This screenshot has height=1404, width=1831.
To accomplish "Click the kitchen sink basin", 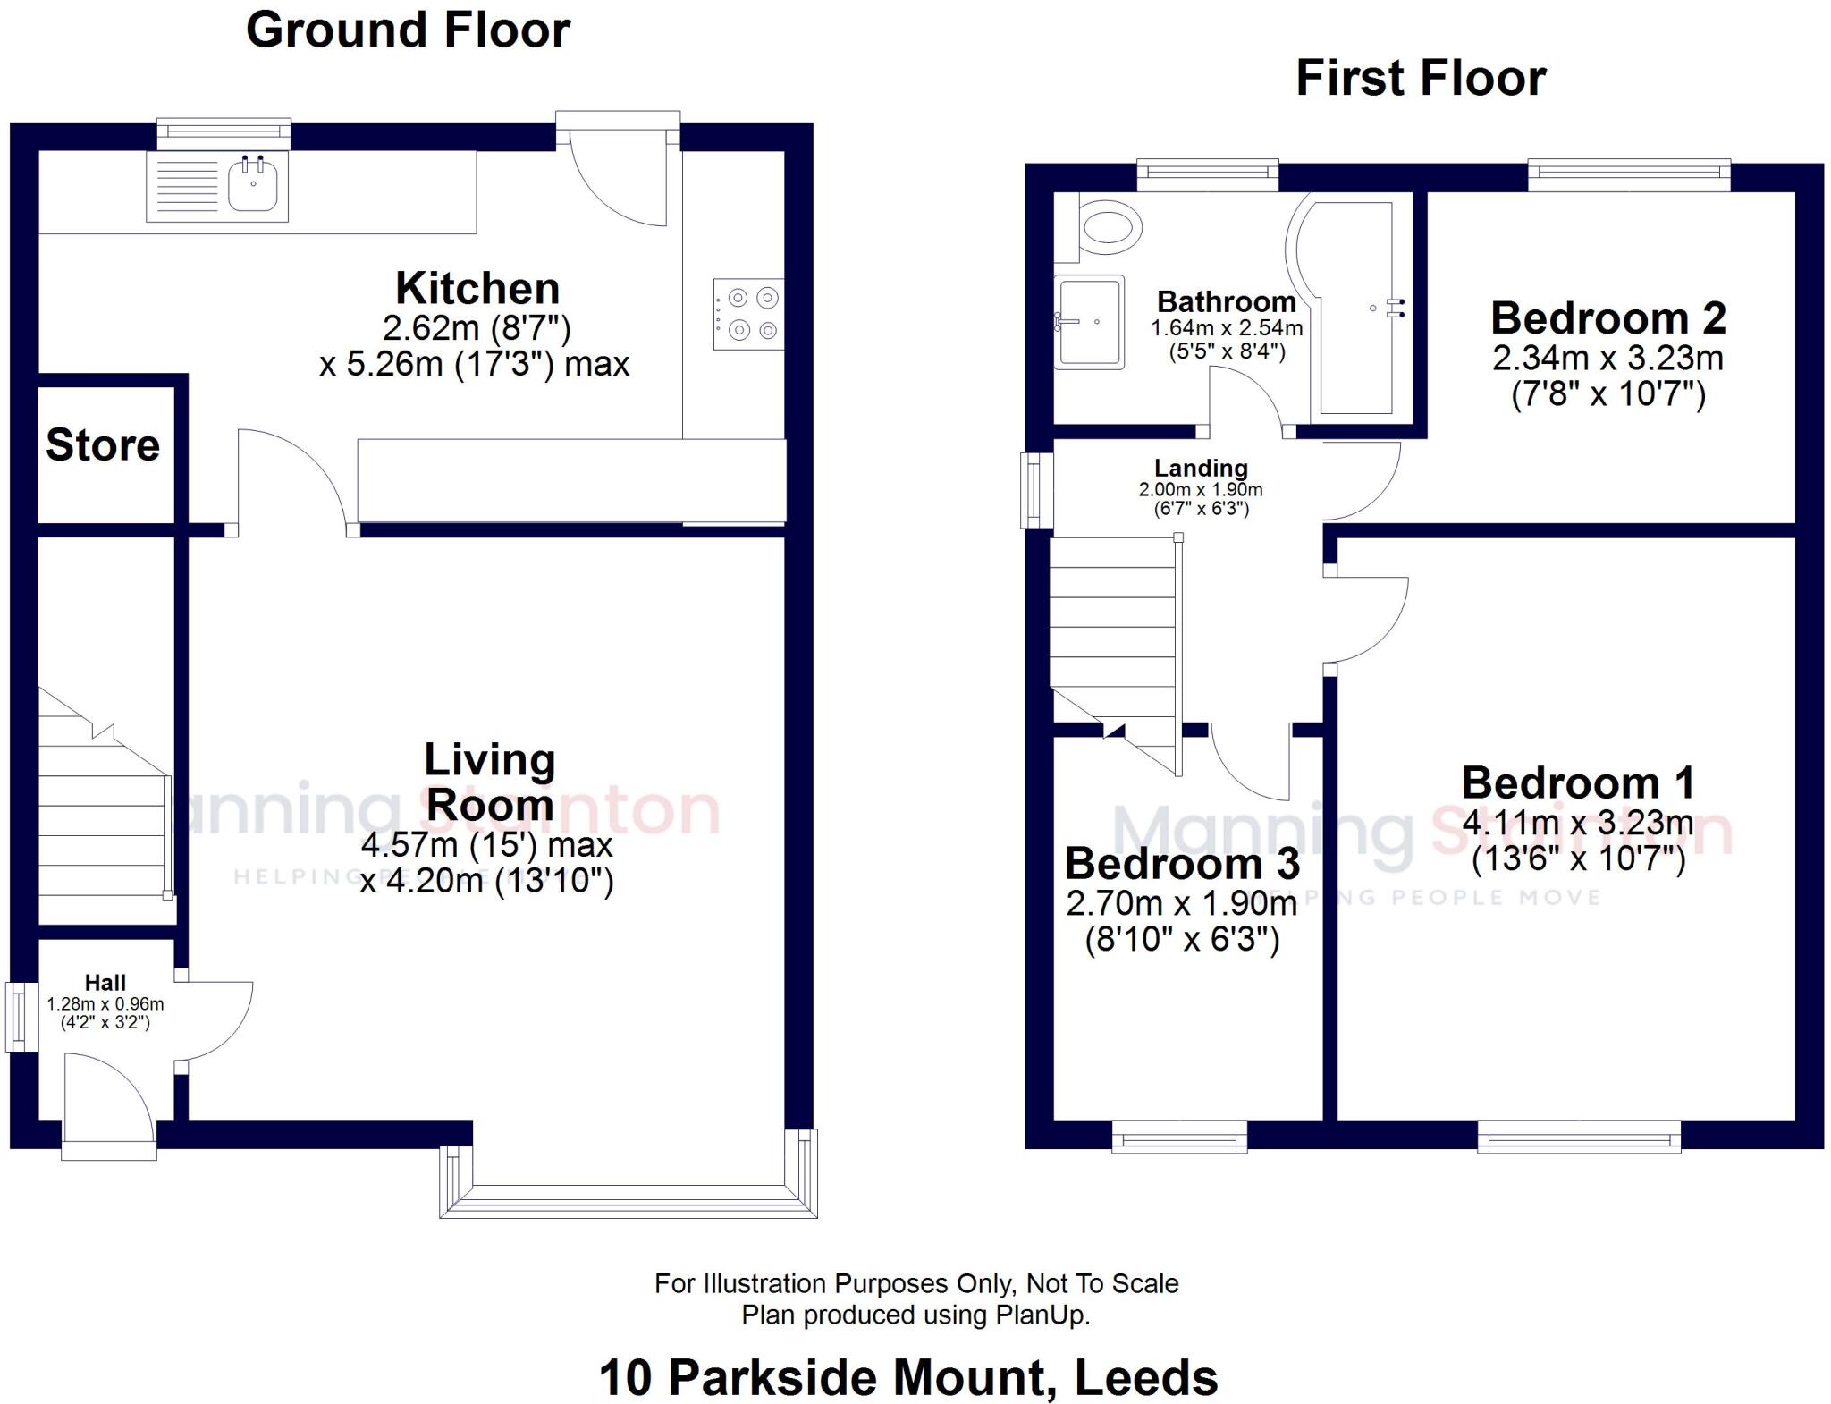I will pos(253,185).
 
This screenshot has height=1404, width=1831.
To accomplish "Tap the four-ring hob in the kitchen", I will pos(749,314).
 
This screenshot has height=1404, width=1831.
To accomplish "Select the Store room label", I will pos(103,445).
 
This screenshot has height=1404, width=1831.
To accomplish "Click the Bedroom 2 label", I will pos(1607,318).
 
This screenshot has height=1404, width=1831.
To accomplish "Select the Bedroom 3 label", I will pos(1182,864).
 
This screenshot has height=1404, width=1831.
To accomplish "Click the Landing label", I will pos(1200,469).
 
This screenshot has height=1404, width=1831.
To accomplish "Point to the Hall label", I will pos(105,983).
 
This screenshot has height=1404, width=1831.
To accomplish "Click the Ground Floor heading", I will pos(408,30).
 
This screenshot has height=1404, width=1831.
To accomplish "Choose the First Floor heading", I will pos(1421,79).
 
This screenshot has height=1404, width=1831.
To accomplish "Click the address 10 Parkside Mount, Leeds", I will pos(907,1377).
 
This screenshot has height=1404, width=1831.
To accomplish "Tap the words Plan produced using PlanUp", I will pos(915,1315).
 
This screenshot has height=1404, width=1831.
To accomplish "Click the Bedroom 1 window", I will pos(1578,1138).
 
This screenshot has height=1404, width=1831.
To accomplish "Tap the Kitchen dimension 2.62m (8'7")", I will pos(477,328).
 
